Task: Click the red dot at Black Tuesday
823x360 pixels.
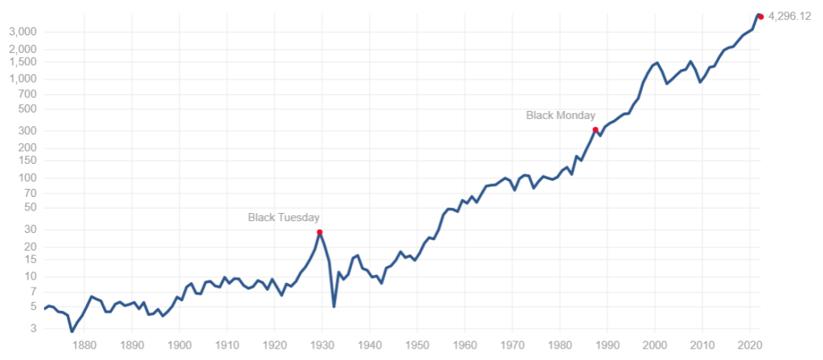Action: tap(320, 232)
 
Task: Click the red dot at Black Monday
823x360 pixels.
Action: tap(596, 130)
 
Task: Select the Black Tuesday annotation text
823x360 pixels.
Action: tap(284, 217)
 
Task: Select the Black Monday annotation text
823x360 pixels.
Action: tap(561, 116)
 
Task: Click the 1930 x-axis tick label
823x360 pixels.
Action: tap(322, 346)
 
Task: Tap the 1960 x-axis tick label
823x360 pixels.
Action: tap(465, 346)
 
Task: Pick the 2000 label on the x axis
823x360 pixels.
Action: tap(655, 346)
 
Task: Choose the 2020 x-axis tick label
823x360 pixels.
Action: tap(750, 346)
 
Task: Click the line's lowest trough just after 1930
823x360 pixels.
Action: tap(334, 306)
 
